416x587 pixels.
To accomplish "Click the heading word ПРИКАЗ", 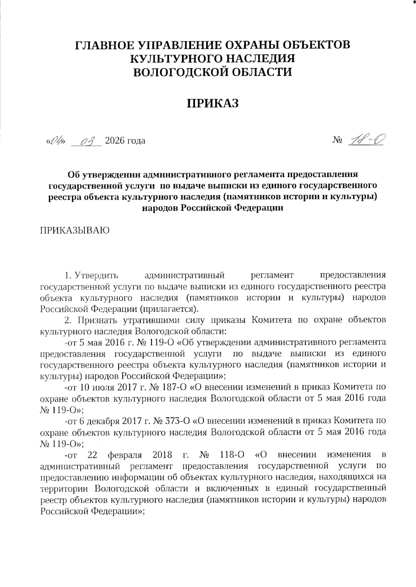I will click(213, 103).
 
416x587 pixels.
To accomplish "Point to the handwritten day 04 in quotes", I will click(56, 141).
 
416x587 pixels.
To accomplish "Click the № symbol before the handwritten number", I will click(338, 141).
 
